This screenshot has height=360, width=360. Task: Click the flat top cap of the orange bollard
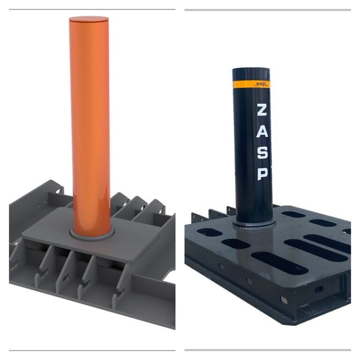pyautogui.click(x=89, y=19)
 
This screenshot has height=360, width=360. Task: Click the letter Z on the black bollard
pyautogui.click(x=262, y=111)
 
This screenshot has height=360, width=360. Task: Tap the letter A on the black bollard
pyautogui.click(x=262, y=132)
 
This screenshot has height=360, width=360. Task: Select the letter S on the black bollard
pyautogui.click(x=262, y=153)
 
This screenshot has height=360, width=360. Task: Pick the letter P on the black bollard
pyautogui.click(x=262, y=174)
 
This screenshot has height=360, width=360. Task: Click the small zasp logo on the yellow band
pyautogui.click(x=261, y=84)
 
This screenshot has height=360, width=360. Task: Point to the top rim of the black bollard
pyautogui.click(x=251, y=69)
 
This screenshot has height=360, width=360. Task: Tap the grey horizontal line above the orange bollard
pyautogui.click(x=92, y=9)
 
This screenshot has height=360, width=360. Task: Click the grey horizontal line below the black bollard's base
pyautogui.click(x=267, y=350)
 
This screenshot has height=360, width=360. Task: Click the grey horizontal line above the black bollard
pyautogui.click(x=267, y=10)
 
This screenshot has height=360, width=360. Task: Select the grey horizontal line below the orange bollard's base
pyautogui.click(x=92, y=350)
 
